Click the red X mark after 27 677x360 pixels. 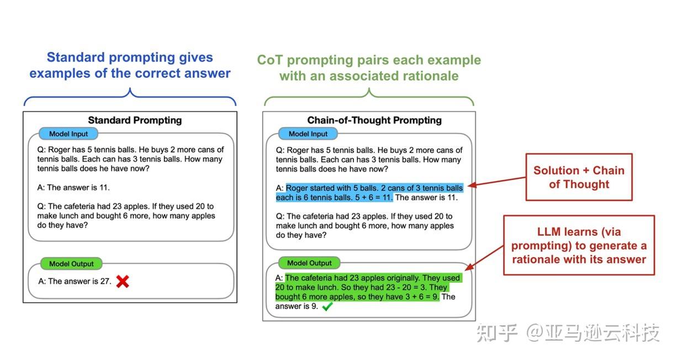click(123, 281)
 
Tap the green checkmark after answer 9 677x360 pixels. click(327, 306)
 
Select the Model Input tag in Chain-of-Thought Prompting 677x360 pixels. click(308, 134)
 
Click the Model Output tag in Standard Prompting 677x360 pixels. click(71, 263)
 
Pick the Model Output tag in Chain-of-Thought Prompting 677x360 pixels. click(309, 263)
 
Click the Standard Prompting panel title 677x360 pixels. click(135, 120)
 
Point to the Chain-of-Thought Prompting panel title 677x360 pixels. click(374, 120)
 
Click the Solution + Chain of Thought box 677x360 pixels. click(579, 177)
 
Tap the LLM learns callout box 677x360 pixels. click(579, 245)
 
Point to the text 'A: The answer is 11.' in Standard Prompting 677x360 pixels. click(74, 187)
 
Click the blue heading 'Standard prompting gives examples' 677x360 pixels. click(130, 65)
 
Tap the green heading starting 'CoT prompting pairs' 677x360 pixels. click(369, 67)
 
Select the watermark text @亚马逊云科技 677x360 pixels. click(593, 333)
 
